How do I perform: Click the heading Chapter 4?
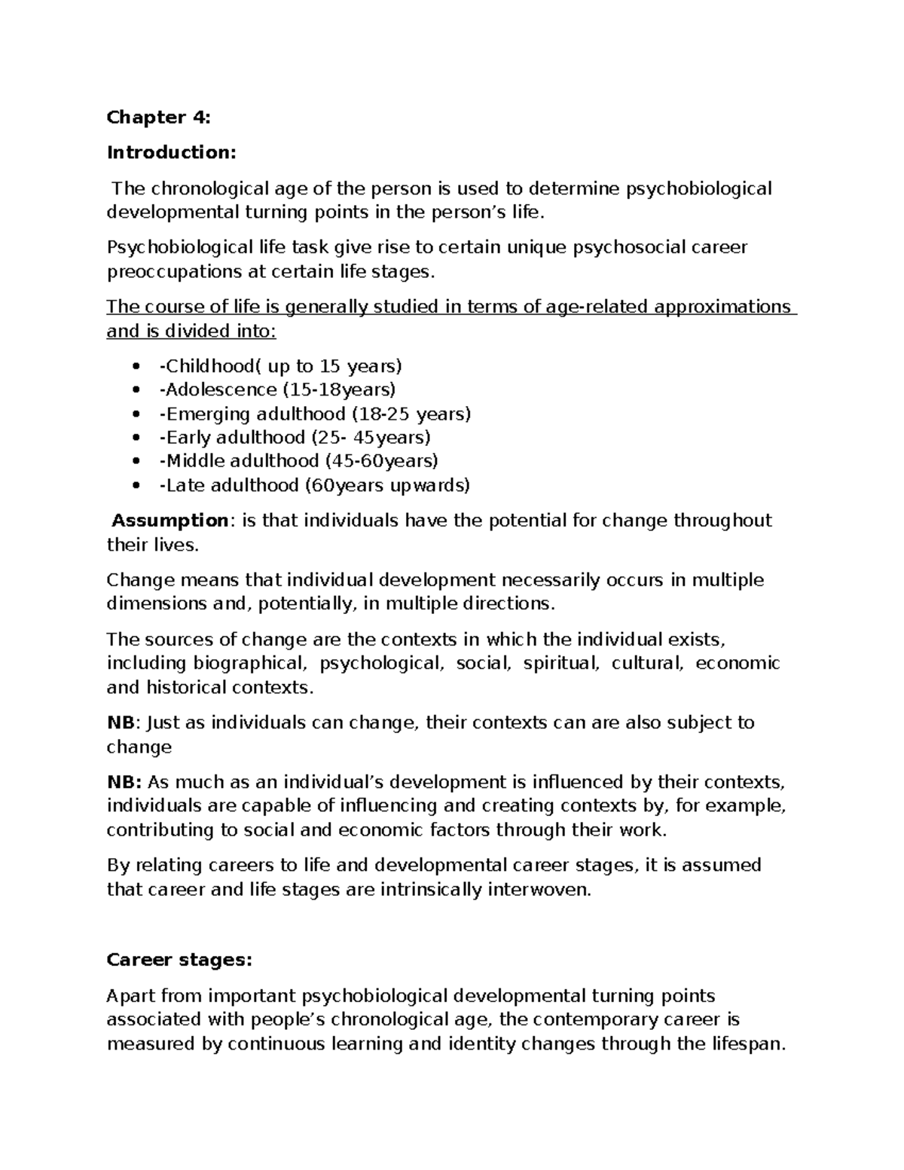159,117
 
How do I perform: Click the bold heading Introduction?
171,152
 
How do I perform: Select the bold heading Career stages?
179,960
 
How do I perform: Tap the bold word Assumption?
169,521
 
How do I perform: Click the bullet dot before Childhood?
136,367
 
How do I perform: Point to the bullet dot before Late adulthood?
136,486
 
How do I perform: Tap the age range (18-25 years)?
411,414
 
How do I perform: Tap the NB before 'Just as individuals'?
121,722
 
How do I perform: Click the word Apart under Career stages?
130,996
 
